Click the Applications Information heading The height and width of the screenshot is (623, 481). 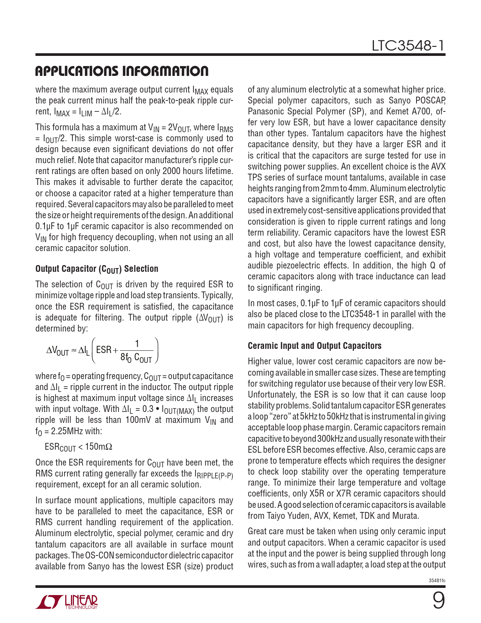pyautogui.click(x=121, y=71)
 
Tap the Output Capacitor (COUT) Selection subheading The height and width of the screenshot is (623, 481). pyautogui.click(x=97, y=269)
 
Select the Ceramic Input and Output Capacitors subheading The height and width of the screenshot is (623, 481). pyautogui.click(x=314, y=346)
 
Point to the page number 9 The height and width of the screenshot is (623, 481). pyautogui.click(x=438, y=601)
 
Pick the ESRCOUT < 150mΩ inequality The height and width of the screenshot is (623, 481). pyautogui.click(x=78, y=447)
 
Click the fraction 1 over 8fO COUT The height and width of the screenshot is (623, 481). pyautogui.click(x=136, y=351)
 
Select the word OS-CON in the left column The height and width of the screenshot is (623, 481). pyautogui.click(x=99, y=555)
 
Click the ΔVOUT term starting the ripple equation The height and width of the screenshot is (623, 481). pyautogui.click(x=58, y=351)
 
